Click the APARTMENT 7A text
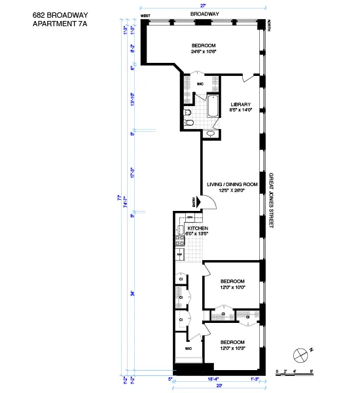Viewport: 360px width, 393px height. (59, 24)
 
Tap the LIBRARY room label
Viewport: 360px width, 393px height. (240, 104)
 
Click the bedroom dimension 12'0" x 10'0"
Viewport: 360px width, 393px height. (232, 286)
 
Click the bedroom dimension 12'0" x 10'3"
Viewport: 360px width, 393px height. (232, 346)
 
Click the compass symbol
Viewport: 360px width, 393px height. (300, 354)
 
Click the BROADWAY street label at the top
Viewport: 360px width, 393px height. (204, 13)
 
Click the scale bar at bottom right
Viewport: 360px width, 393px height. (295, 373)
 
